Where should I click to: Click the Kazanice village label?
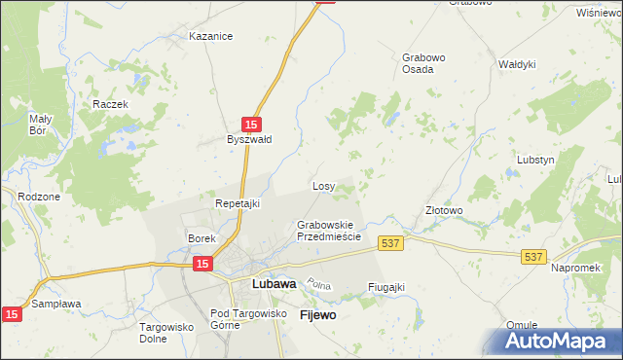tap(211, 37)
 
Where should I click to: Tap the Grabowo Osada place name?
tap(423, 63)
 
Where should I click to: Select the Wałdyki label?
tap(517, 64)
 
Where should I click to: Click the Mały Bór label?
tap(39, 124)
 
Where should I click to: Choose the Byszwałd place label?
tap(249, 139)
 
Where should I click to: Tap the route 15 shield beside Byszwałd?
tap(251, 124)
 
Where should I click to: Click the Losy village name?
tap(324, 186)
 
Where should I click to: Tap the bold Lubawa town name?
tap(274, 284)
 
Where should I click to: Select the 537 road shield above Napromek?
tap(531, 256)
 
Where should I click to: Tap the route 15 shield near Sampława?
tap(11, 313)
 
